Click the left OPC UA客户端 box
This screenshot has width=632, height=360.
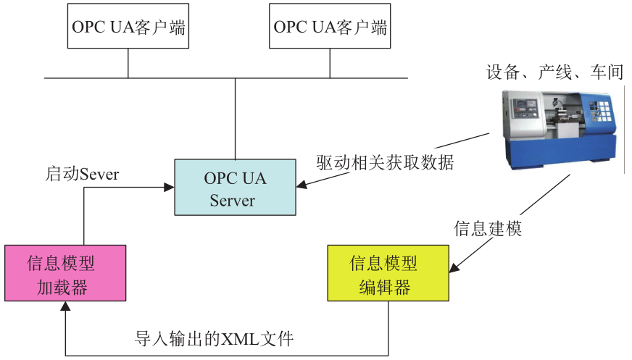point(128,28)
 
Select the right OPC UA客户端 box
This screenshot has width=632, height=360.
point(330,28)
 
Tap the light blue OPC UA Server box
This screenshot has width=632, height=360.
point(235,188)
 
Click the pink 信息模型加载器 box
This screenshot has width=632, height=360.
point(65,273)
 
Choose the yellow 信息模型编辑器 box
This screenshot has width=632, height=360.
point(388,273)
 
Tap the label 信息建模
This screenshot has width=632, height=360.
point(487,228)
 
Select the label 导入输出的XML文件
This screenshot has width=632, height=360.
point(215,337)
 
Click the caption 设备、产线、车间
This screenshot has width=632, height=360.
point(554,72)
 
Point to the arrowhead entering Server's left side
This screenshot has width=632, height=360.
point(170,188)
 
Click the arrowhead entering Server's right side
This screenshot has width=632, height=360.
point(301,187)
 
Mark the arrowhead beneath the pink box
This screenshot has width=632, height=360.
point(65,307)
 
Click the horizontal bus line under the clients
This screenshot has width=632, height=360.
point(225,78)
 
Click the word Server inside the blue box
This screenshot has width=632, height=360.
point(233,200)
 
